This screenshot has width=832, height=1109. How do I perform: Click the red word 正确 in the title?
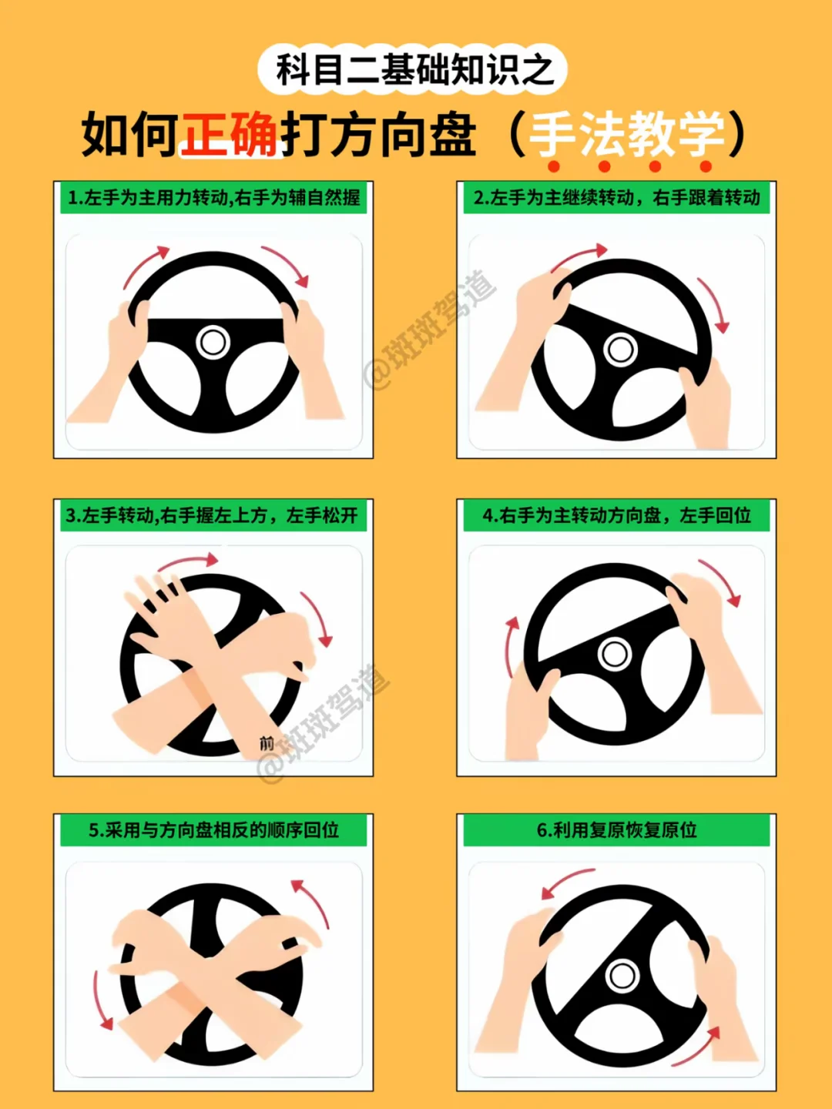pyautogui.click(x=229, y=135)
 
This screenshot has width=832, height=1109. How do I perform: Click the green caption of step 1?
pyautogui.click(x=213, y=198)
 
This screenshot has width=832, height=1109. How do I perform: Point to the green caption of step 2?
pyautogui.click(x=616, y=198)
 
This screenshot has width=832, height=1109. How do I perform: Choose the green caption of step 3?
pyautogui.click(x=213, y=515)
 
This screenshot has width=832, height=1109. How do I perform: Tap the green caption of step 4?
pyautogui.click(x=616, y=515)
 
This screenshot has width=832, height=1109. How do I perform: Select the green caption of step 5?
pyautogui.click(x=213, y=830)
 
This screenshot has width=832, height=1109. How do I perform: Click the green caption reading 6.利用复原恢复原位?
pyautogui.click(x=616, y=830)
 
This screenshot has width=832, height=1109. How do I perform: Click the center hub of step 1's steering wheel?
pyautogui.click(x=213, y=342)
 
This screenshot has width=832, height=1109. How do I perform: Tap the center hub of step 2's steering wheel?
pyautogui.click(x=620, y=349)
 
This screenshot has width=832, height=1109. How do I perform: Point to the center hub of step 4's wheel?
pyautogui.click(x=614, y=655)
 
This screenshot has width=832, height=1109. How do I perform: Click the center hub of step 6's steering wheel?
pyautogui.click(x=622, y=976)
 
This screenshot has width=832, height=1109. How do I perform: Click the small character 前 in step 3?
pyautogui.click(x=267, y=743)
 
